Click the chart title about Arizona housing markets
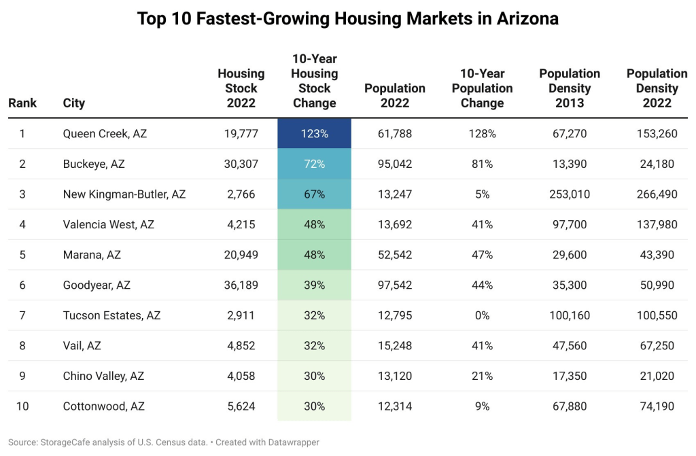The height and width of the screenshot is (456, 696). coord(348,18)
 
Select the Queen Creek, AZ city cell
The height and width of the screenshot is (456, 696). coord(105,134)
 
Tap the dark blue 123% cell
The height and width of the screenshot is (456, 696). coord(314,134)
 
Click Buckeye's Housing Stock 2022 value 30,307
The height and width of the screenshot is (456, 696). coord(241,164)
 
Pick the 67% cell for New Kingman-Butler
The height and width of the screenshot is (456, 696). coord(314,194)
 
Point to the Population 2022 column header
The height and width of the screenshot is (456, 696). coord(395,95)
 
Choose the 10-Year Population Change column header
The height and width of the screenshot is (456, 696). coord(482,88)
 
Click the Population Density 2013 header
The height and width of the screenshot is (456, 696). coord(570,88)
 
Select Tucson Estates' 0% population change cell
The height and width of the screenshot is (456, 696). coord(482,315)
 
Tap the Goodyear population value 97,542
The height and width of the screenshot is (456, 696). coord(395,285)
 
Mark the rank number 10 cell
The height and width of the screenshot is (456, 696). coord(22,406)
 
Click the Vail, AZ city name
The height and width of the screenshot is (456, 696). coord(82,346)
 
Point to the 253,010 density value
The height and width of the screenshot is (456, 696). coord(570,194)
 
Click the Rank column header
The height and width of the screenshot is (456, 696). coord(22,103)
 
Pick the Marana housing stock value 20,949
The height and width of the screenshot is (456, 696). coord(241,255)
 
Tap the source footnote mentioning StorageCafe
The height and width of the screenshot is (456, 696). coord(163,442)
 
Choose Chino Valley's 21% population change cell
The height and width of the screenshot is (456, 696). coord(482,376)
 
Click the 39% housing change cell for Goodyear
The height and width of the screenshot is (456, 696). coord(314,285)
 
